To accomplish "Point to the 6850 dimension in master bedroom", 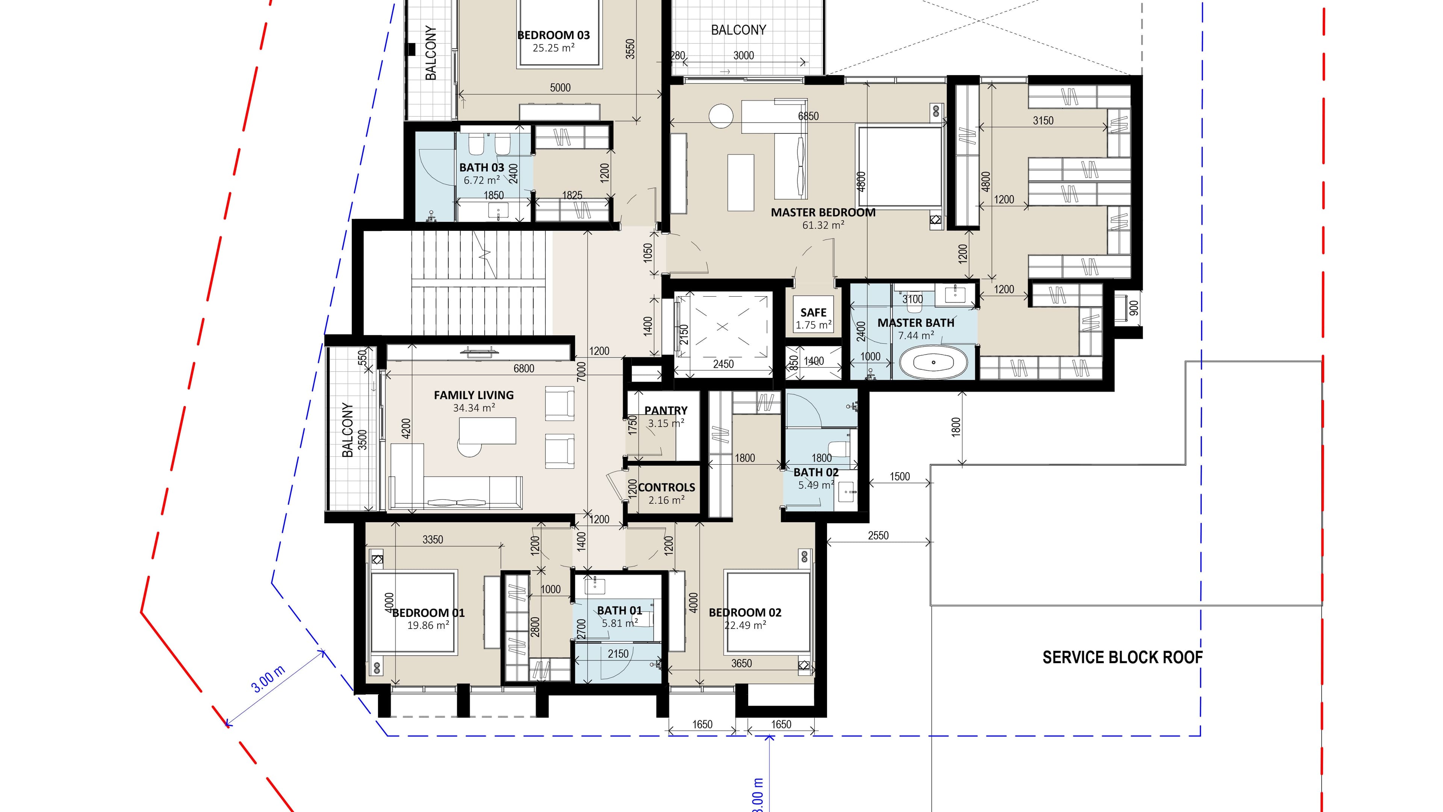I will (x=808, y=116).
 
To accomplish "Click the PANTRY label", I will (x=666, y=410).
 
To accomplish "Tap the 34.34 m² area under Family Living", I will (x=474, y=408).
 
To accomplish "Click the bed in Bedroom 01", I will (x=413, y=612).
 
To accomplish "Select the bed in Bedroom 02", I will (x=767, y=612).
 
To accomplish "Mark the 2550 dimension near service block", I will (x=878, y=535).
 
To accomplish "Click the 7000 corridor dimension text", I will (x=581, y=371).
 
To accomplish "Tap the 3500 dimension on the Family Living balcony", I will (x=362, y=439).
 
